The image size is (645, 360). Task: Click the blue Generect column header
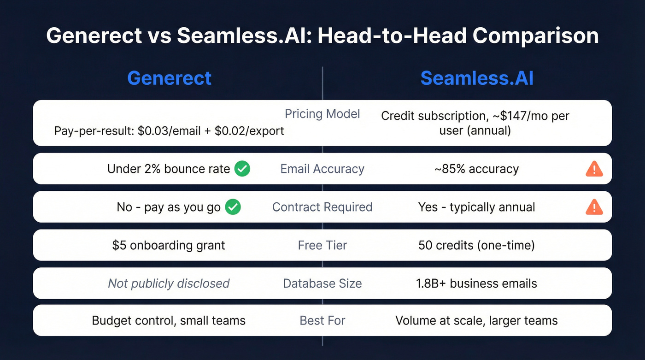(x=169, y=78)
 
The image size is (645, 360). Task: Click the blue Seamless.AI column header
(x=477, y=78)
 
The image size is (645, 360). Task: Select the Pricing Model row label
(x=322, y=113)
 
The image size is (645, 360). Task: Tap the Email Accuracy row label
(x=322, y=169)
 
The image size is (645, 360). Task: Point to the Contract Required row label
(x=322, y=207)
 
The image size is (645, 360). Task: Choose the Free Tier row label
(x=322, y=245)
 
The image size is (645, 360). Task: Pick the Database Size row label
(x=322, y=283)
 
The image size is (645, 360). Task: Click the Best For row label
(x=322, y=320)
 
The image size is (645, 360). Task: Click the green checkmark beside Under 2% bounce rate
(x=242, y=169)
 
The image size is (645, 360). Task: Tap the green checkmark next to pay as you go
(x=233, y=207)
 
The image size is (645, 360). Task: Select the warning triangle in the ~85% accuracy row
(x=594, y=169)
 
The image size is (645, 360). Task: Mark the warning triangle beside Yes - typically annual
(x=594, y=207)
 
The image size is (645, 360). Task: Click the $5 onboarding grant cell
(x=169, y=245)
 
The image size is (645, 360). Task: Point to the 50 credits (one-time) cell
(x=476, y=245)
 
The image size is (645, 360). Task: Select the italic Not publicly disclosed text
(x=169, y=283)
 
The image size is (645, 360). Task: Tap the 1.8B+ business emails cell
(x=476, y=283)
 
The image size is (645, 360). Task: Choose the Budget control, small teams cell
(x=169, y=320)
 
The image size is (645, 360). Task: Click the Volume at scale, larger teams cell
(x=476, y=320)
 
